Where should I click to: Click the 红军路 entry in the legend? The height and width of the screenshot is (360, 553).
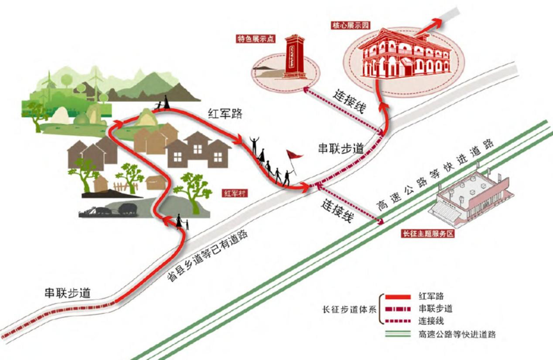click(432, 296)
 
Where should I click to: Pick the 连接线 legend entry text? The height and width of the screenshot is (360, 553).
click(432, 320)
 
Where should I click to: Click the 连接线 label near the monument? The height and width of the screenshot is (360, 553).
click(349, 101)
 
